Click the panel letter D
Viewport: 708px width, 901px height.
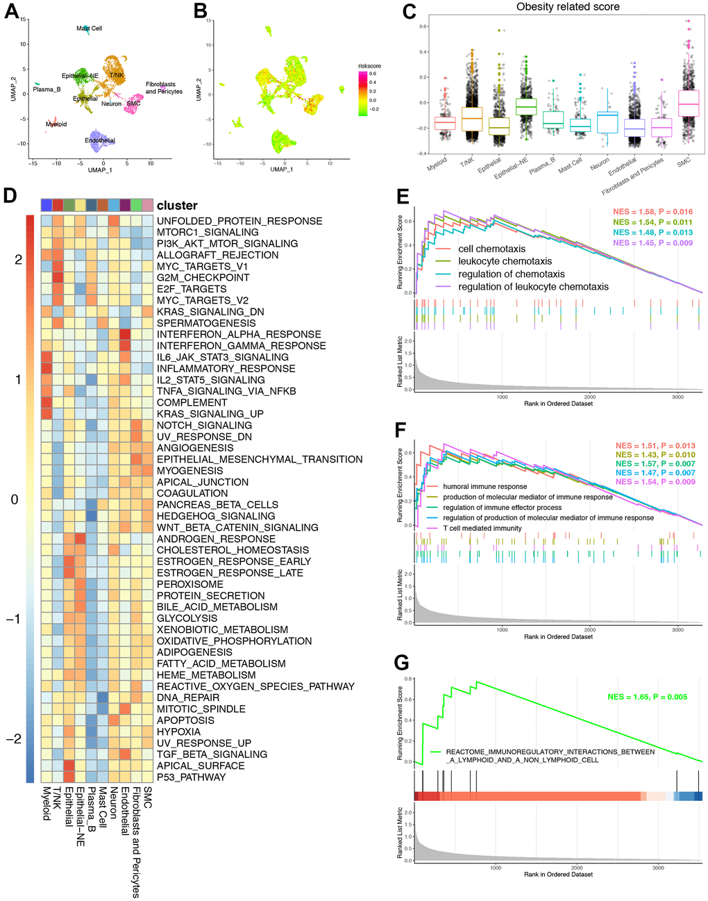(x=10, y=195)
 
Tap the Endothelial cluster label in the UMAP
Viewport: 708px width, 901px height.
(x=100, y=140)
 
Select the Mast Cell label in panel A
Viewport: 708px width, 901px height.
(x=89, y=28)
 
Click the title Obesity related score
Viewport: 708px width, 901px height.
(x=568, y=7)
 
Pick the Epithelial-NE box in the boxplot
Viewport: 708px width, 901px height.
(x=525, y=106)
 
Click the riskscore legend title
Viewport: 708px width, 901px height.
(x=369, y=66)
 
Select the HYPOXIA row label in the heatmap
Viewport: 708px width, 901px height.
(x=178, y=731)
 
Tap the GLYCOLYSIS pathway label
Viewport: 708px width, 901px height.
(x=187, y=618)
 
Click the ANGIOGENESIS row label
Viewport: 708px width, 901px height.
(x=195, y=448)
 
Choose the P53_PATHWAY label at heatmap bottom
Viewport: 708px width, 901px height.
(x=191, y=777)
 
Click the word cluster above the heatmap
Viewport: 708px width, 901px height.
(x=177, y=206)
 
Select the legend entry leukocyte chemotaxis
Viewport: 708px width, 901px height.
(x=505, y=261)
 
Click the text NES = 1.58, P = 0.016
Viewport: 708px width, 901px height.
(x=652, y=212)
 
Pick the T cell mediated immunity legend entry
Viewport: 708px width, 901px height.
(x=482, y=528)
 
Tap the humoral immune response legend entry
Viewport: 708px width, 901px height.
(x=484, y=486)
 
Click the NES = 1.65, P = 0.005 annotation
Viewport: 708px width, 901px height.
(x=647, y=697)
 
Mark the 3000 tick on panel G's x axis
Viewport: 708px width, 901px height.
(x=658, y=867)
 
